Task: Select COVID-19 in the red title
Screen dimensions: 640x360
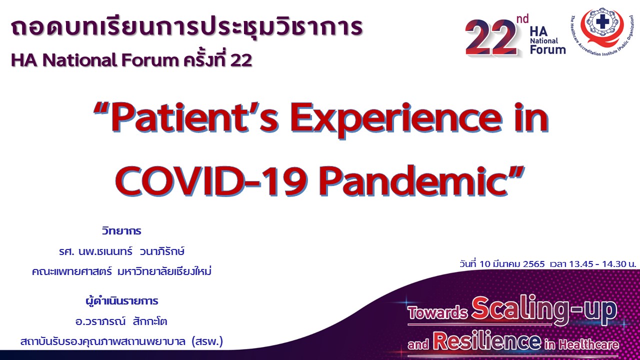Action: point(211,181)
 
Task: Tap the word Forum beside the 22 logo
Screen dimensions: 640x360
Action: point(547,49)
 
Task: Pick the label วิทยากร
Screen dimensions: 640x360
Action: point(121,230)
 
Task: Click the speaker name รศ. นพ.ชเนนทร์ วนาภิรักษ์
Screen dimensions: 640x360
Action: point(121,251)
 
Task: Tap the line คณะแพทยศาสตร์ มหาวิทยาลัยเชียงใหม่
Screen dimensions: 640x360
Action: point(121,271)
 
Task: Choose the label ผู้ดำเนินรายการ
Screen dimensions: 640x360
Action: point(121,300)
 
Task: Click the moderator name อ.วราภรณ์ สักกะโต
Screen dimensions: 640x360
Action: point(121,321)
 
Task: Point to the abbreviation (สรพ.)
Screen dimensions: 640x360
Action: point(207,341)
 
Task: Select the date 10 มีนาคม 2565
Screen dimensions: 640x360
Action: point(512,263)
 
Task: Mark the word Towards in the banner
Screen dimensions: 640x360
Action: point(437,312)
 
